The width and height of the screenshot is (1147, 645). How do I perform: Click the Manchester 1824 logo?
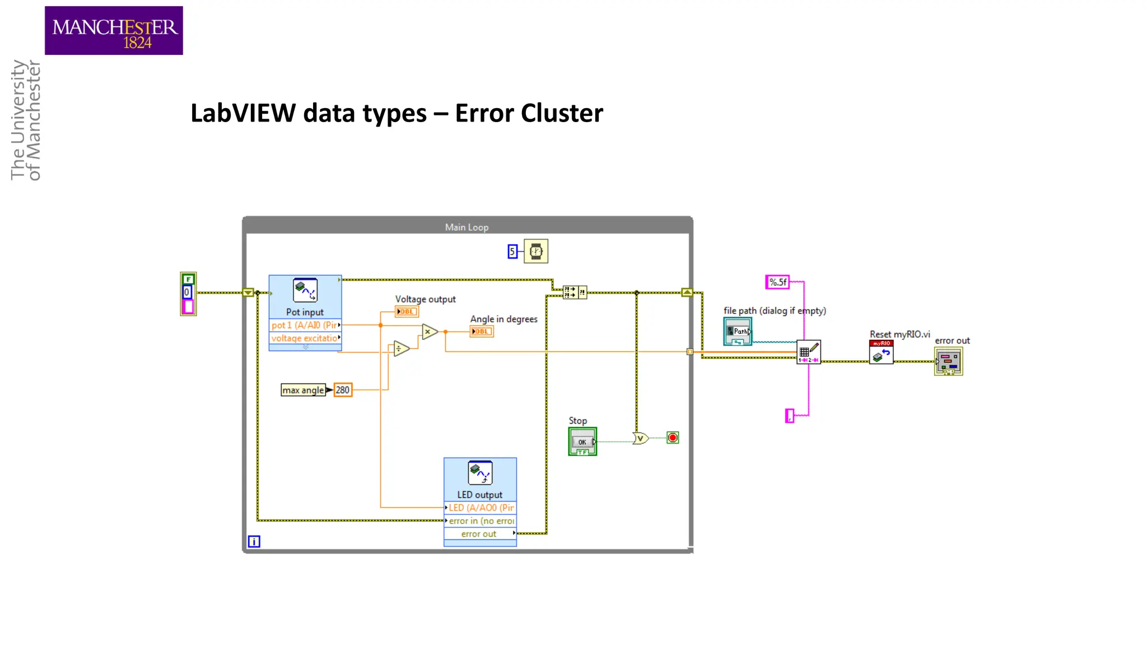[x=114, y=31]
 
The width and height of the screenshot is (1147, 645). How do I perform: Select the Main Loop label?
[x=467, y=227]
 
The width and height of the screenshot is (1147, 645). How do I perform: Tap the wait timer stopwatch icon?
[x=536, y=251]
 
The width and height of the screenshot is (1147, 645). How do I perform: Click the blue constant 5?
[x=512, y=252]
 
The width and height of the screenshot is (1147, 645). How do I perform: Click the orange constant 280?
[x=343, y=390]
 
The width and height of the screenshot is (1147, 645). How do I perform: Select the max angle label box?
[x=303, y=390]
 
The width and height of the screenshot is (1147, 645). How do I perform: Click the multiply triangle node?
[x=429, y=332]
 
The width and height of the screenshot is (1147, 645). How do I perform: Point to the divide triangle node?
[x=400, y=349]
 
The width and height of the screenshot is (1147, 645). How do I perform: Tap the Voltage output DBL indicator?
[x=407, y=312]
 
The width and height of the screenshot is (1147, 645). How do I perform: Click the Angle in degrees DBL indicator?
[x=481, y=331]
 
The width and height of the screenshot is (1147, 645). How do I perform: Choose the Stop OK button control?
[x=582, y=442]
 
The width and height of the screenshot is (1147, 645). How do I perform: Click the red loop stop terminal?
[x=673, y=438]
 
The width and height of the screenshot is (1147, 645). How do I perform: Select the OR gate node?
[x=640, y=438]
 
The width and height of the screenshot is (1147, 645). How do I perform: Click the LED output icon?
[x=480, y=473]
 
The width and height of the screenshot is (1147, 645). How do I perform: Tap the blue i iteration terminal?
[x=254, y=541]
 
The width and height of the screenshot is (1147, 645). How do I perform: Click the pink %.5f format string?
[x=777, y=282]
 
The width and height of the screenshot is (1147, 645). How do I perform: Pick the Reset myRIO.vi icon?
[x=881, y=353]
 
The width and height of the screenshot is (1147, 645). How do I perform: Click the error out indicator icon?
[x=948, y=361]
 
